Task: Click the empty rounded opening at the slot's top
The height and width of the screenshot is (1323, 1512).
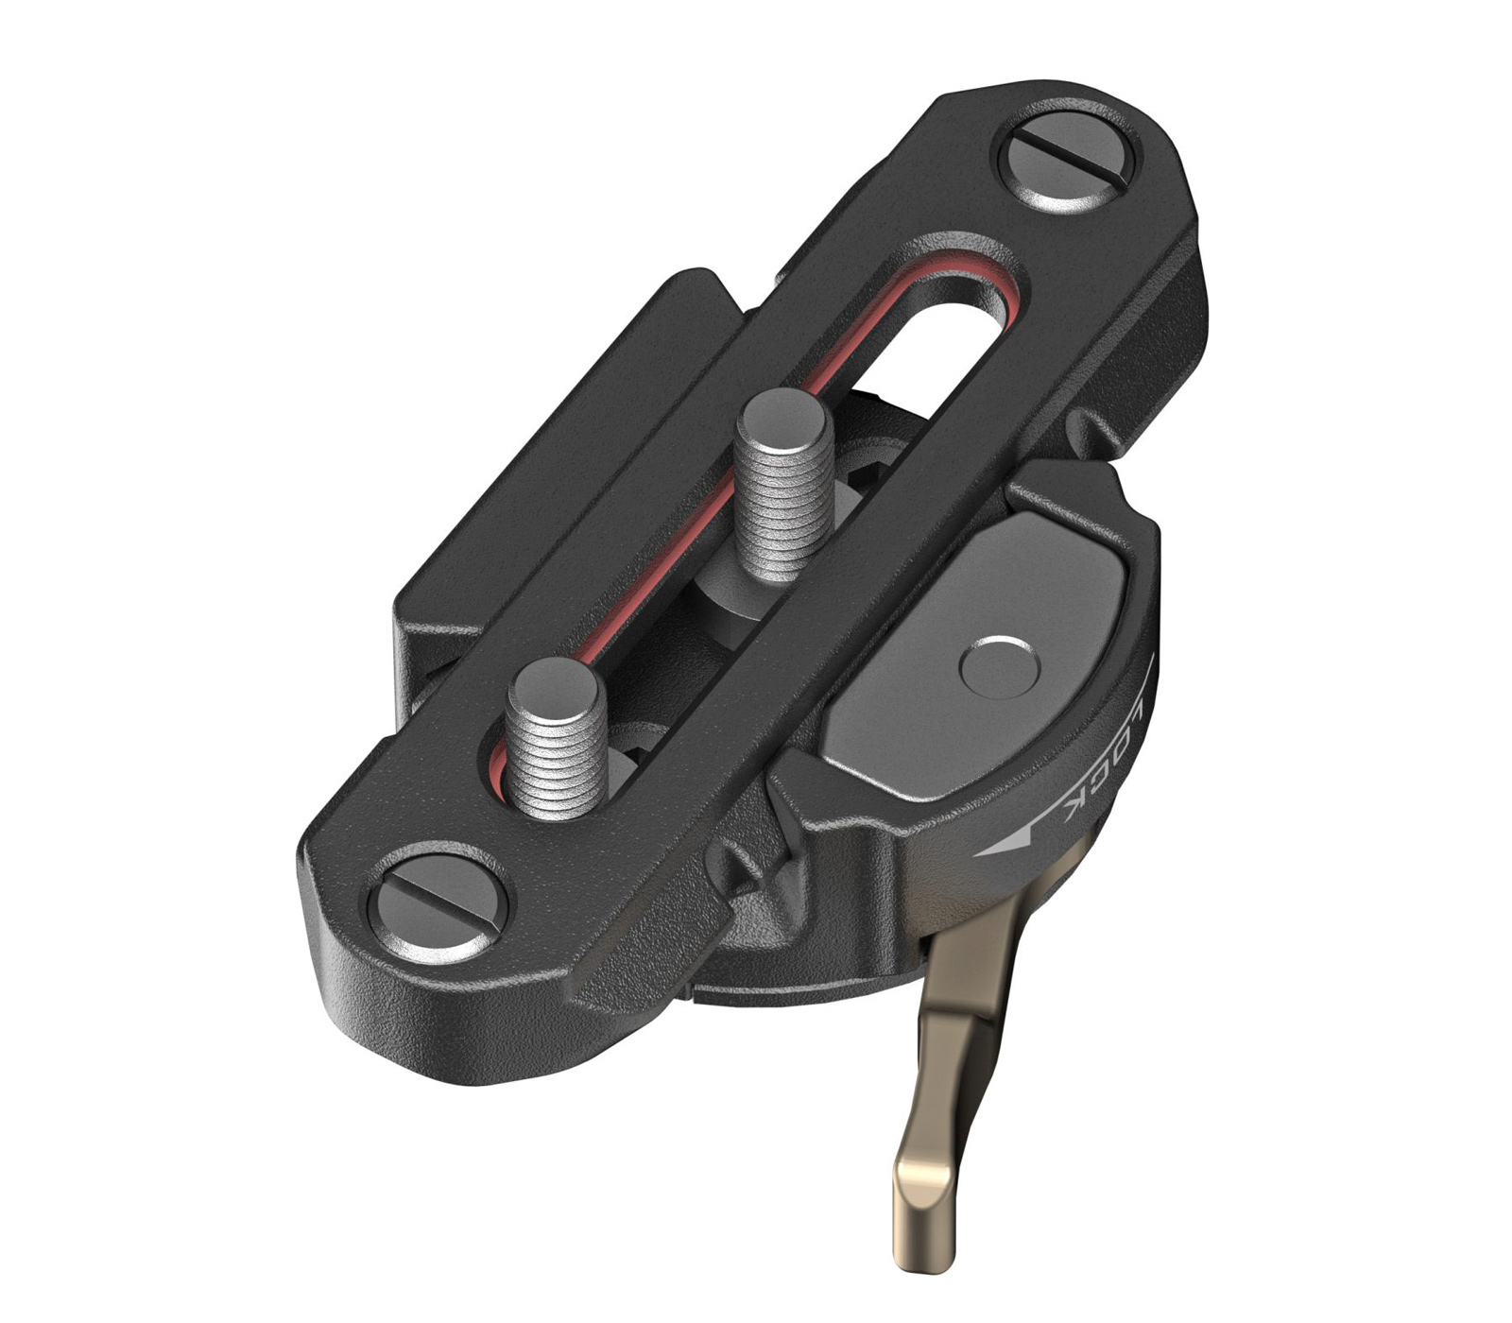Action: (x=945, y=340)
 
